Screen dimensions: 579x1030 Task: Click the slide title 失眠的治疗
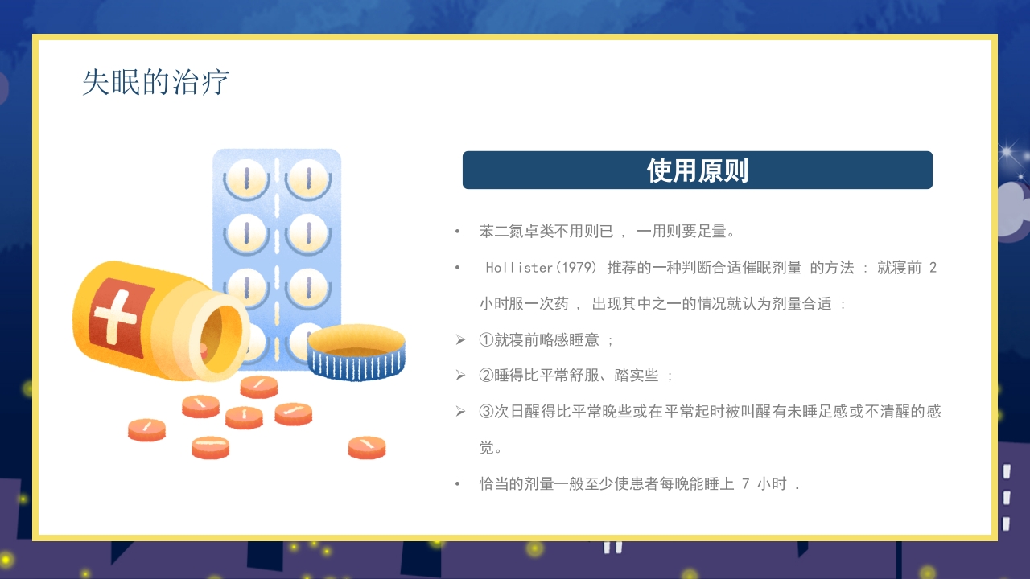tap(155, 83)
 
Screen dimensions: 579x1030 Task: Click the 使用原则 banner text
tap(697, 170)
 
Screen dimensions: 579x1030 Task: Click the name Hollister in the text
tap(517, 268)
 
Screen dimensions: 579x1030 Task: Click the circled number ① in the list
tap(486, 340)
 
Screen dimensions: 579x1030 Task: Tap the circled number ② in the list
tap(486, 376)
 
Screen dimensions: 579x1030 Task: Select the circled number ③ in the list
tap(486, 412)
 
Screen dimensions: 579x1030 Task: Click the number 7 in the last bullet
tap(746, 484)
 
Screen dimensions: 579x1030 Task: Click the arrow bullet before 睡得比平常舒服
tap(460, 376)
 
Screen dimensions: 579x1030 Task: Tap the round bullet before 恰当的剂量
tap(458, 484)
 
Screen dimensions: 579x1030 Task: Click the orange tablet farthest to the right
tap(367, 447)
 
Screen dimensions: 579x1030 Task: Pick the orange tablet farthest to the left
tap(146, 429)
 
